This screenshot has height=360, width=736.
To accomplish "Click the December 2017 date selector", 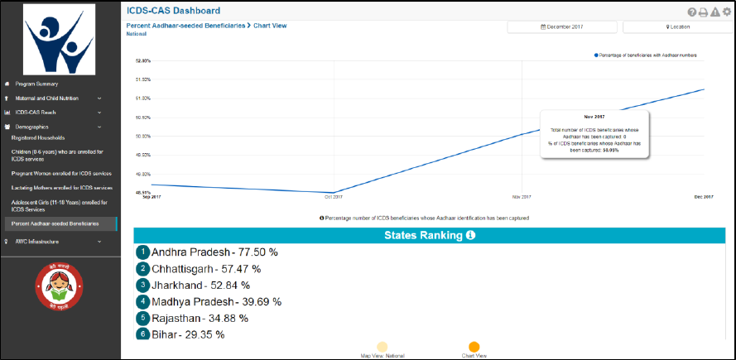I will tap(562, 27).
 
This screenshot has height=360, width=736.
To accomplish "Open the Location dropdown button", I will tap(677, 27).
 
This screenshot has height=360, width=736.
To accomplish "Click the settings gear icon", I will tap(727, 12).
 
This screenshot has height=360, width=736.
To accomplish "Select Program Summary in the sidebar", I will tap(37, 84).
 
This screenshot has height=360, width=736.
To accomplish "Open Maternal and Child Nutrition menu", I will tap(46, 98).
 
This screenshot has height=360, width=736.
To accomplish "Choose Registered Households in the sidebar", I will tap(38, 137).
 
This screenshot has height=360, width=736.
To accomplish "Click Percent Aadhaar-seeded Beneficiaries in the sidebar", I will tap(56, 223).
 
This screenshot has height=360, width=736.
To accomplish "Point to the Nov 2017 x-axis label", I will tap(521, 197).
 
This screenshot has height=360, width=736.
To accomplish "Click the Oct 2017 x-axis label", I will tap(333, 197).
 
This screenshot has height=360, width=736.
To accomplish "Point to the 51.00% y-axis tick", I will tap(142, 98).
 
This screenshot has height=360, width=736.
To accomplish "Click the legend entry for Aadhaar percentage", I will tap(646, 55).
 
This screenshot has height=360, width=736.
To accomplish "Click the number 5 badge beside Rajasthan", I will tap(143, 318).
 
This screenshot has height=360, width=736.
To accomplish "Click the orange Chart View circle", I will tap(474, 348).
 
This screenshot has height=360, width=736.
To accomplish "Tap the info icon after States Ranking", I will tap(470, 236).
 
